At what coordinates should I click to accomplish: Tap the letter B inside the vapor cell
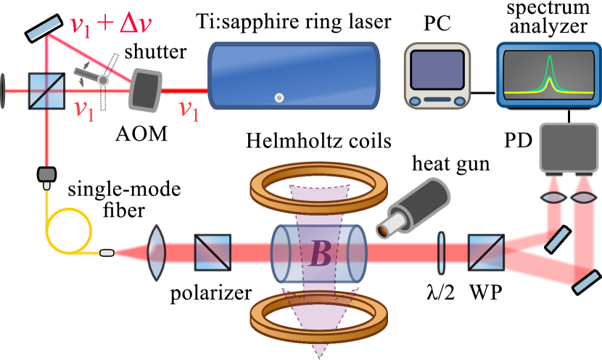pyautogui.click(x=319, y=254)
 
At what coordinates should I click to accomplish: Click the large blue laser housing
pyautogui.click(x=294, y=75)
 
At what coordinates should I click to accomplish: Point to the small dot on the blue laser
pyautogui.click(x=279, y=97)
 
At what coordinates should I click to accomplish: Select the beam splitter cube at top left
pyautogui.click(x=46, y=91)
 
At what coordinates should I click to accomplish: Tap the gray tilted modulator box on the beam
pyautogui.click(x=145, y=90)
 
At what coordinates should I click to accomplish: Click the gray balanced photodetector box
pyautogui.click(x=568, y=147)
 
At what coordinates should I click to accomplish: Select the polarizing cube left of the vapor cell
pyautogui.click(x=213, y=253)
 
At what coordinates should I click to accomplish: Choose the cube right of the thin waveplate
pyautogui.click(x=487, y=253)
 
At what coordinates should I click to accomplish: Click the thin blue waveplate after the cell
pyautogui.click(x=441, y=253)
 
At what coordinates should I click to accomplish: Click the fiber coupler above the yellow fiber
pyautogui.click(x=48, y=175)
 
